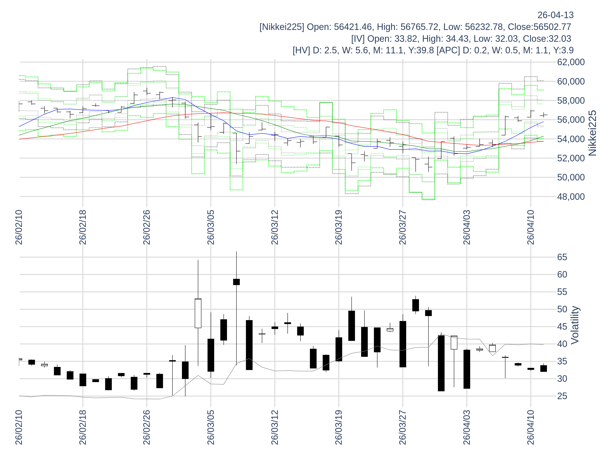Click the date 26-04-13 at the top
tap(555, 15)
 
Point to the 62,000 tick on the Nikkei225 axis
tap(571, 62)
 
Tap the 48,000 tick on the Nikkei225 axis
tap(571, 197)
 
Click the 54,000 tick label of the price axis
tap(571, 139)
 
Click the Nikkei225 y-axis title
tap(592, 133)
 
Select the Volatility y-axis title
tap(575, 325)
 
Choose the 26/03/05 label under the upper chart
tap(211, 228)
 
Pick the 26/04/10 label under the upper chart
tap(531, 228)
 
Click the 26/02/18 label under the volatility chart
tap(83, 427)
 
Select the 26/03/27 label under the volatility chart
tap(403, 427)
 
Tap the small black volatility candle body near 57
tap(237, 282)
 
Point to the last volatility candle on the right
tap(544, 369)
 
